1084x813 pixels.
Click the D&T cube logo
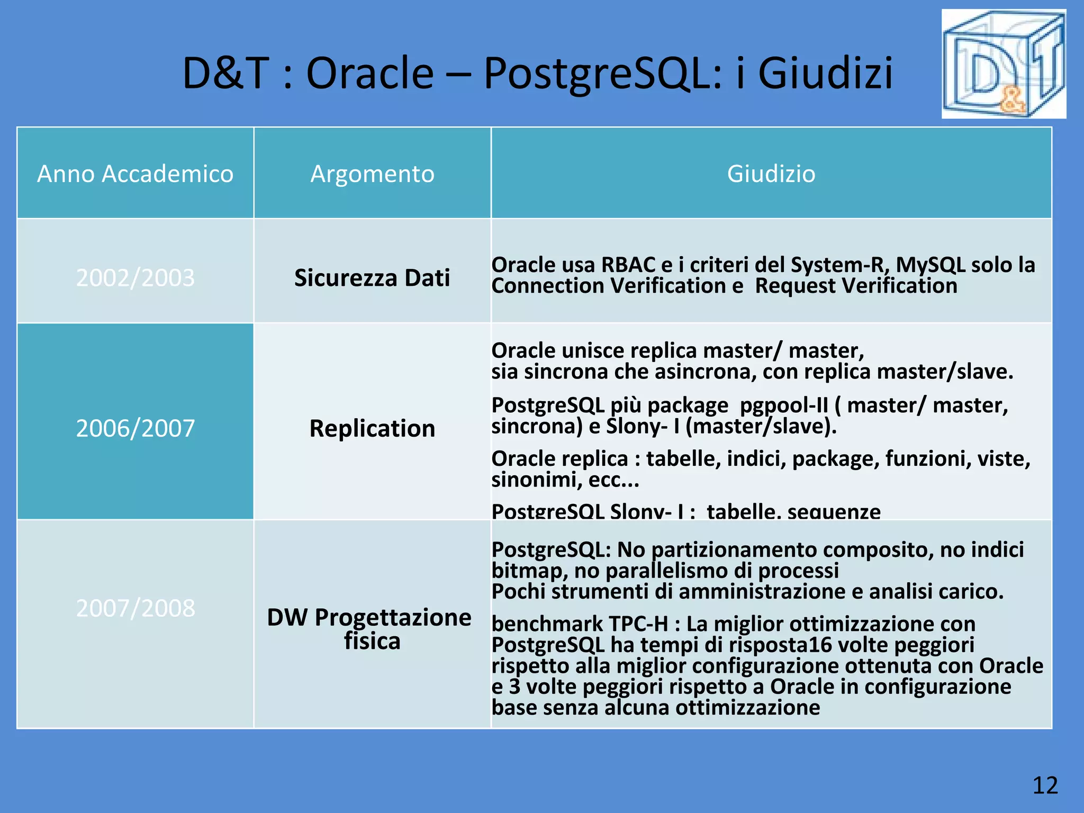1003,64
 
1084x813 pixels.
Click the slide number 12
1045,785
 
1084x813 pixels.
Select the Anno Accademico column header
135,174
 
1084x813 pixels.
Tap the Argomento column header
372,174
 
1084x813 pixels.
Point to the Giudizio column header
771,174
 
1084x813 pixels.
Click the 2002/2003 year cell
135,278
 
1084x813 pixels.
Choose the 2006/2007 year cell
135,428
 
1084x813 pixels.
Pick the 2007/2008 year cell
135,608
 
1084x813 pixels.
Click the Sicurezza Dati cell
372,278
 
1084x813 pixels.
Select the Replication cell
372,428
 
